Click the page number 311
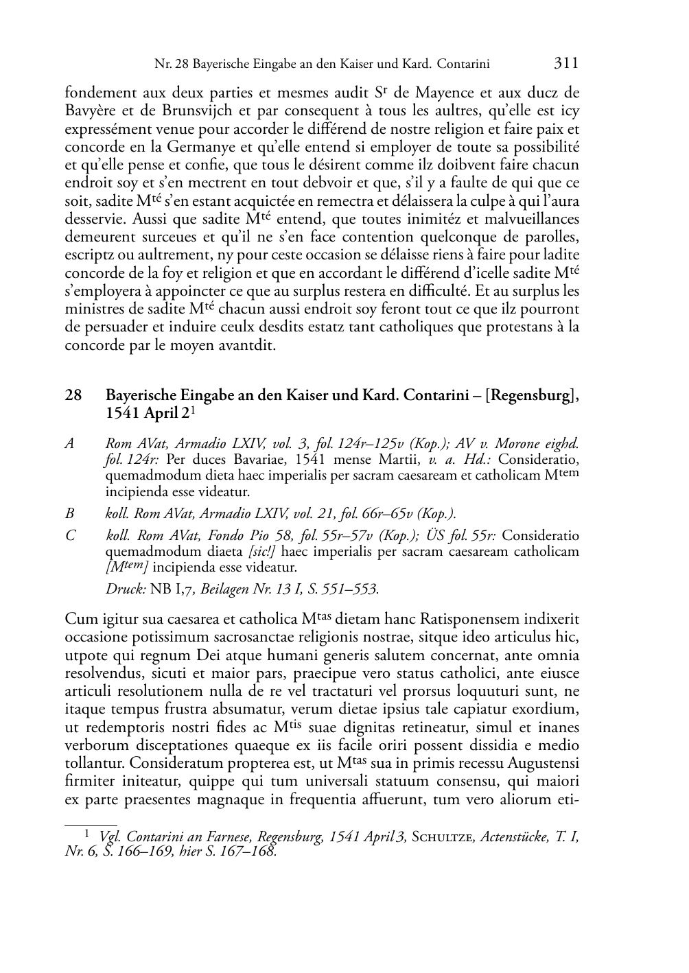click(565, 64)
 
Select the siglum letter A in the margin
click(69, 443)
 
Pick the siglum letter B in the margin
click(69, 513)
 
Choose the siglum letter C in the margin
click(69, 536)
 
